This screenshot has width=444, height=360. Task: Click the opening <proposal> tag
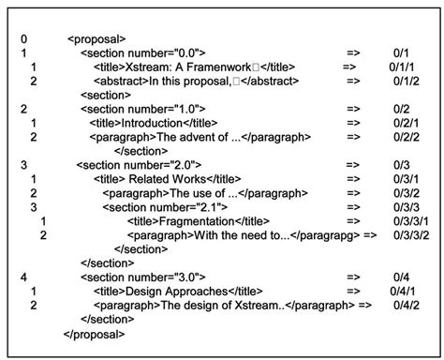[x=96, y=39]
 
